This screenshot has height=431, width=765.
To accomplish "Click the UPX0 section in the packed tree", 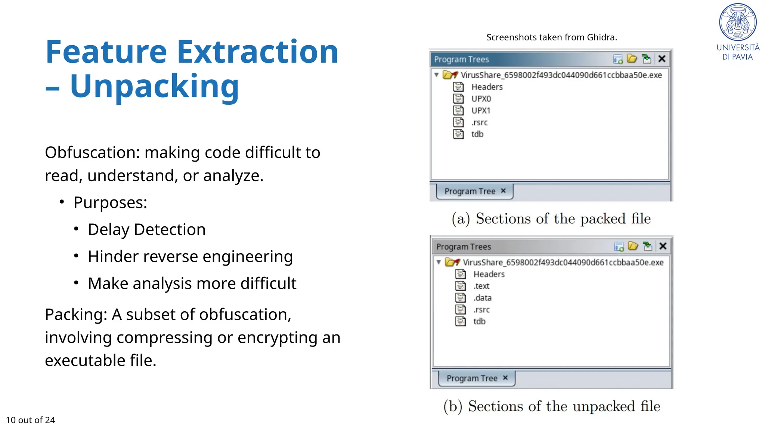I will coord(481,99).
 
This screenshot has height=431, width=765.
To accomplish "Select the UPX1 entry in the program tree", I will coord(481,111).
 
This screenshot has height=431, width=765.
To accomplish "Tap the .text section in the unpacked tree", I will coord(481,286).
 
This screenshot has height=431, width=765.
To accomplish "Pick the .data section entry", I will coord(483,298).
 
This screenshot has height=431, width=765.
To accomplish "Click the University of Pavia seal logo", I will coord(738,22).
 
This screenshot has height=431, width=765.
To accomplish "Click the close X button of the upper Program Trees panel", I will coord(662,59).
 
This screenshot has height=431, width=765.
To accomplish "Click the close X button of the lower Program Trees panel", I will coord(663,246).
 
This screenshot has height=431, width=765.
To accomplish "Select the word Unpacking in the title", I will coord(154,86).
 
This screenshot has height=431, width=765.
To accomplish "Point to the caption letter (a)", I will coord(461,219).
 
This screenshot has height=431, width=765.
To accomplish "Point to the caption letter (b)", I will coord(453,406).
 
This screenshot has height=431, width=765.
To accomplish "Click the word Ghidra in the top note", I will coord(601,37).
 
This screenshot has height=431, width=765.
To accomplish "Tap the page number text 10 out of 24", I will coord(31,420).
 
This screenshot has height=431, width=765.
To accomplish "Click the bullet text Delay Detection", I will coord(146,229).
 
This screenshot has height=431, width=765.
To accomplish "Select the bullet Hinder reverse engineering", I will coord(190,257).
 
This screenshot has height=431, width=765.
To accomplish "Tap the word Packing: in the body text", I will coord(76,315).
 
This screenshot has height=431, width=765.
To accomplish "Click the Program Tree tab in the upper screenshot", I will coord(470,191).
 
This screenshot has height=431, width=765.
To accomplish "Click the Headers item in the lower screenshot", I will coord(489,274).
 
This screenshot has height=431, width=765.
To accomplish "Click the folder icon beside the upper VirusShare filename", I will coord(450,75).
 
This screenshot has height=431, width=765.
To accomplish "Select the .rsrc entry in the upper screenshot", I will coord(479,122).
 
